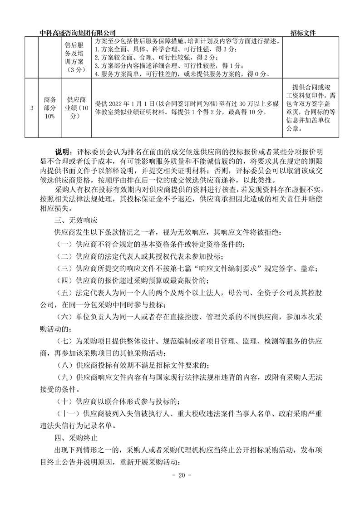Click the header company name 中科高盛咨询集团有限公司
pos(78,33)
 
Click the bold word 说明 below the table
pos(63,151)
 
